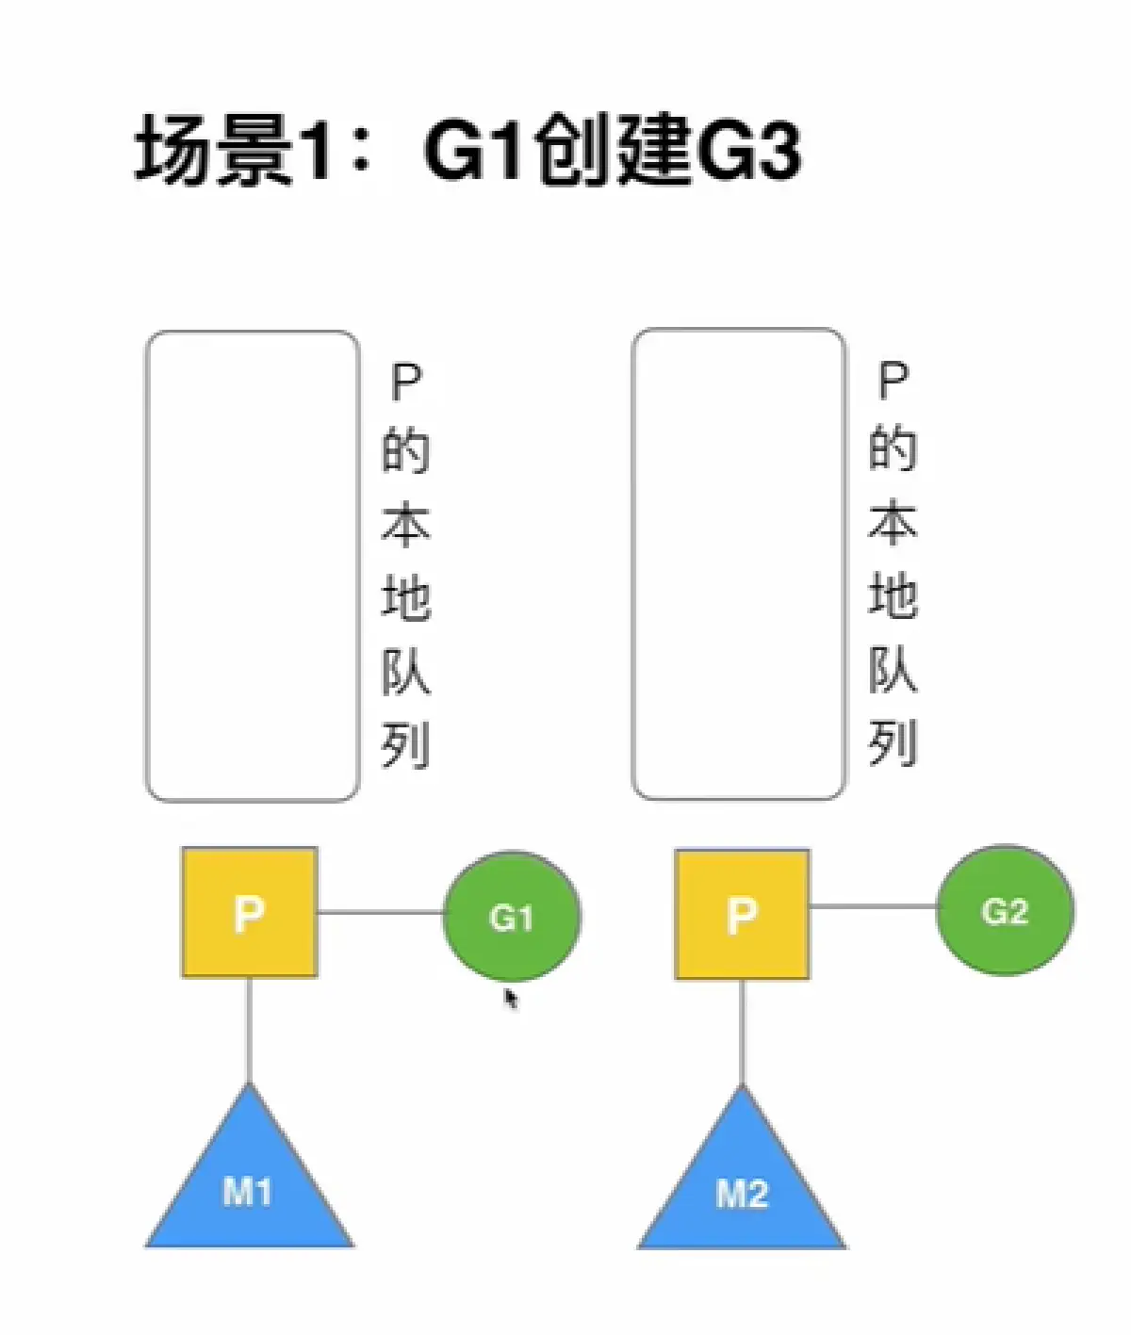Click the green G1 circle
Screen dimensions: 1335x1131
click(512, 916)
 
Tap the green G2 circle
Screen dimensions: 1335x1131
click(1005, 910)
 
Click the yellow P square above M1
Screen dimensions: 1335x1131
click(249, 912)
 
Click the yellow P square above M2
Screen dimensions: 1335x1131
click(742, 914)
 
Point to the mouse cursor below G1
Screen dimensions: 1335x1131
click(510, 998)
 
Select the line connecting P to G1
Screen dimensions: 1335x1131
click(380, 912)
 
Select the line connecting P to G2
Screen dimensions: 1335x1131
click(873, 906)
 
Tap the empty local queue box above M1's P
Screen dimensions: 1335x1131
click(252, 566)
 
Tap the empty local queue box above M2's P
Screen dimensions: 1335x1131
click(738, 564)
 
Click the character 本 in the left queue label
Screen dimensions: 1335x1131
click(405, 524)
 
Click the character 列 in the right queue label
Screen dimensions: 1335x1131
click(892, 744)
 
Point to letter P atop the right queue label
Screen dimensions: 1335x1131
click(892, 381)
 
